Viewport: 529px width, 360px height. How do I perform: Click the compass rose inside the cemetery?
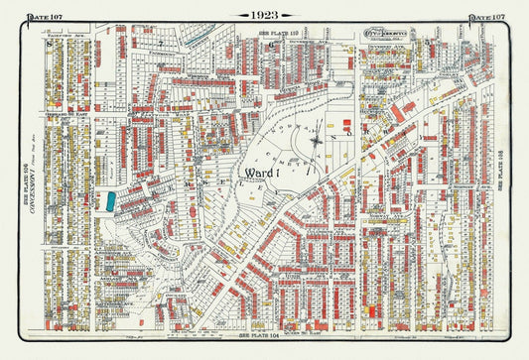pyautogui.click(x=315, y=141)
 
